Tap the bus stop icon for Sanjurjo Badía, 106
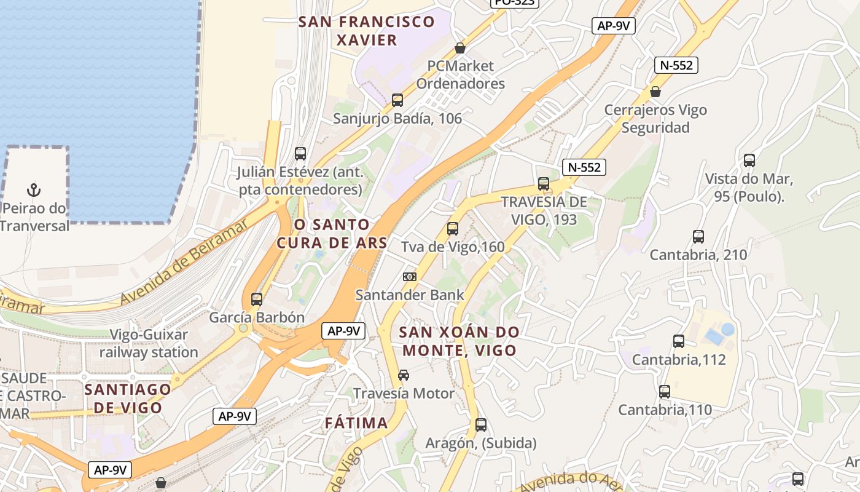pos(397,100)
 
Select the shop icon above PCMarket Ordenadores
pos(459,47)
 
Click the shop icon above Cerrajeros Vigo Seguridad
pos(655,92)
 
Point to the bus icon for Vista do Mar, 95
pos(749,161)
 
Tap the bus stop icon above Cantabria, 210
pos(698,237)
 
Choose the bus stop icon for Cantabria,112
pos(679,341)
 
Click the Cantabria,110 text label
pos(665,410)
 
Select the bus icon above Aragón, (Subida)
pos(481,425)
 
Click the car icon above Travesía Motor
pos(404,375)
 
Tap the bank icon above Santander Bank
pos(410,277)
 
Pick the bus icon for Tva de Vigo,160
pos(453,229)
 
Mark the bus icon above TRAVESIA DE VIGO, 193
pos(543,183)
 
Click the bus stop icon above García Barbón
pos(257,300)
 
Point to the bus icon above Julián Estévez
pos(300,154)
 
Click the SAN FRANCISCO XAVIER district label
pos(366,31)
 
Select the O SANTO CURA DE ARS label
pos(332,234)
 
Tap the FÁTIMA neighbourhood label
pos(356,423)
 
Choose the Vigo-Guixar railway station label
pos(149,344)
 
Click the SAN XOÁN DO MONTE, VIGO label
pos(458,341)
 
